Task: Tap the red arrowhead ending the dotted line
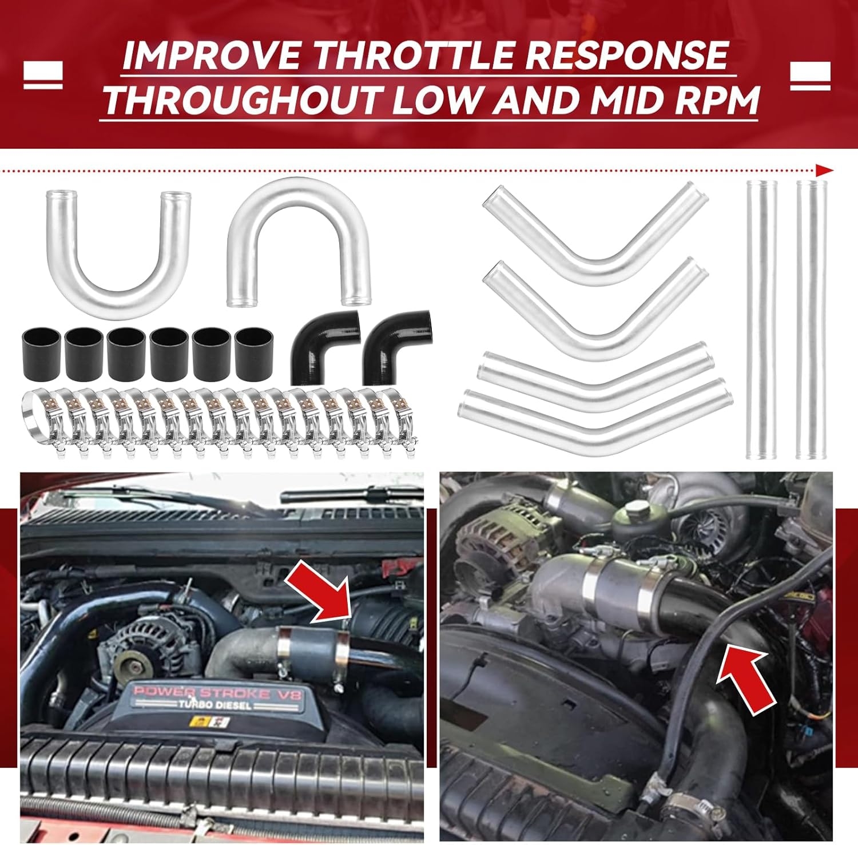(824, 170)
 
